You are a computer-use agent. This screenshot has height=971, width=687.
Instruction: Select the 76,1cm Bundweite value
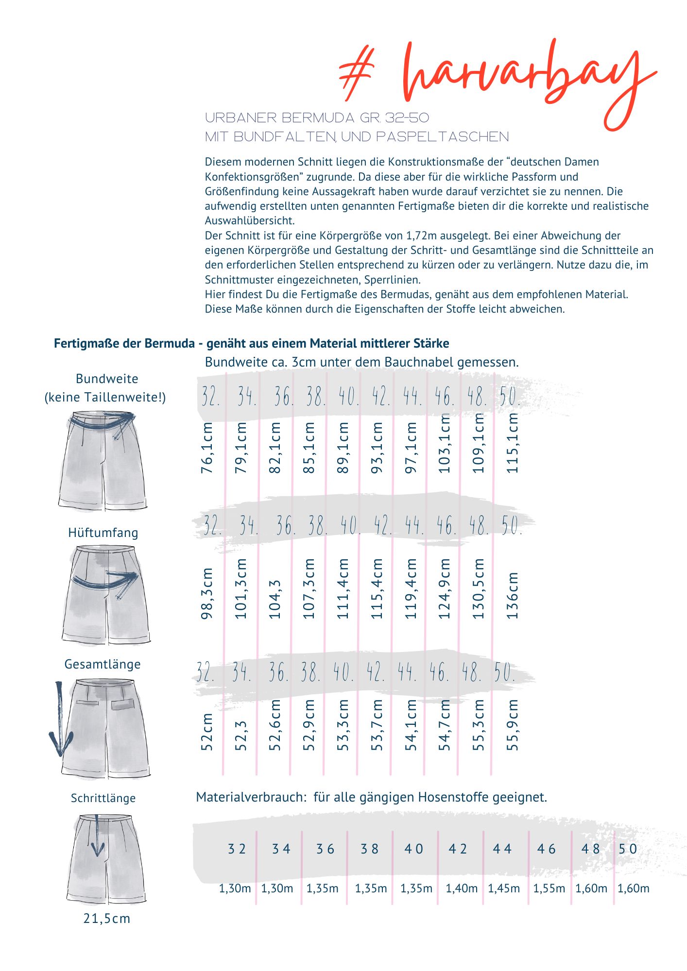tap(207, 448)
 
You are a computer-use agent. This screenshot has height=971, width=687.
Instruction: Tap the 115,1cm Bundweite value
tap(513, 443)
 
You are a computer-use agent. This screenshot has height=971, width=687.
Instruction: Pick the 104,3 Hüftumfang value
tap(275, 599)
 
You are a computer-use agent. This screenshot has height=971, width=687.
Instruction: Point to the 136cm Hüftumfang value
tap(513, 595)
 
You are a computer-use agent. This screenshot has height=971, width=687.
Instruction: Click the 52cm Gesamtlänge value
tap(207, 732)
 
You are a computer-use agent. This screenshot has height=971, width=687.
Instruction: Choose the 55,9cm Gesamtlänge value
tap(513, 725)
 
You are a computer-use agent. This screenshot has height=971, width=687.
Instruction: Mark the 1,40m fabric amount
tap(462, 888)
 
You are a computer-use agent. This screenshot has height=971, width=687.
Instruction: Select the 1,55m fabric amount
tap(549, 888)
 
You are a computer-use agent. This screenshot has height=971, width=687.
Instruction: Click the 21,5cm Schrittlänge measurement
tap(107, 919)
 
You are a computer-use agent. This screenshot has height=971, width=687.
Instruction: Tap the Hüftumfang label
tap(103, 533)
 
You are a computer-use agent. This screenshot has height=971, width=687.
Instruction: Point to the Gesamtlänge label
tap(103, 664)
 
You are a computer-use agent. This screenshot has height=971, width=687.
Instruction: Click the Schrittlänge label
tap(103, 798)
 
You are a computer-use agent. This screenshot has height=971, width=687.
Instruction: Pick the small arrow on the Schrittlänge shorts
tap(97, 837)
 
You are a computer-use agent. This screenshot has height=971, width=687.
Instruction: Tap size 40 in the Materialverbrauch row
tap(414, 849)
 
